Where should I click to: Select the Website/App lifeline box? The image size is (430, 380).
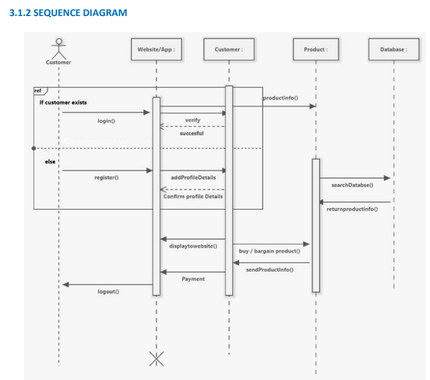tap(156, 49)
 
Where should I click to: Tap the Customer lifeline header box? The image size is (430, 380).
tap(229, 49)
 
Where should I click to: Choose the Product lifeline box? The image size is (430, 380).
tap(315, 49)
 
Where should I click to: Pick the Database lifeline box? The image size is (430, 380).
tap(394, 49)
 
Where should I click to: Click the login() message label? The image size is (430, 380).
tap(106, 121)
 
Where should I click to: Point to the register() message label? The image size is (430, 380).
tap(106, 178)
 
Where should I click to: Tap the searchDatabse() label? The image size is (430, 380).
tap(352, 185)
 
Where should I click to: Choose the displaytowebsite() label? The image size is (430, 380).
tap(193, 246)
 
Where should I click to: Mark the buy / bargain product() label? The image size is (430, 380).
tap(269, 251)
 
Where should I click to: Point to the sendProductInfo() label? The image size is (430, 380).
tap(270, 269)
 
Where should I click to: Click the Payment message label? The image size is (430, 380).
tap(193, 279)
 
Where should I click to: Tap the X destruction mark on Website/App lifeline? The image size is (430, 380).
tap(156, 359)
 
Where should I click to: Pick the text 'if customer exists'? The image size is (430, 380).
tap(62, 102)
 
